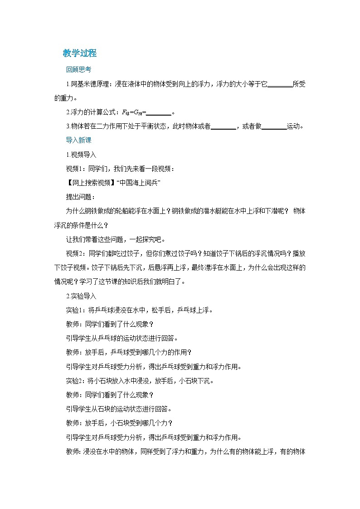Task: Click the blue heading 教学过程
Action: (80, 53)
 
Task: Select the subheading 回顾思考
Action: (78, 70)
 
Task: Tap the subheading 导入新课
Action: (78, 141)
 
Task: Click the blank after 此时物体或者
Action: (224, 126)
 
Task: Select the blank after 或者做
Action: (274, 126)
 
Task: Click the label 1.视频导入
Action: (81, 155)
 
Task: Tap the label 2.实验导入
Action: (81, 296)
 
